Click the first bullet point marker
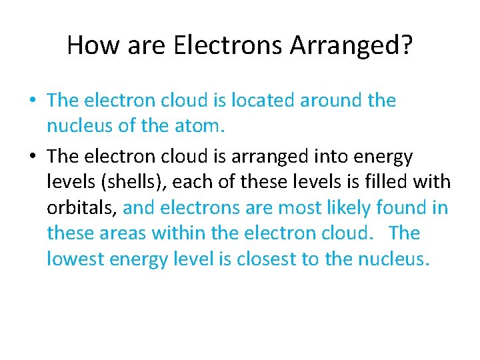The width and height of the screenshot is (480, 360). coord(31,101)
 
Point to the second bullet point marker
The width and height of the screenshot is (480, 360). coord(31,157)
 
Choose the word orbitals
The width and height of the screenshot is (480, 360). coord(82,208)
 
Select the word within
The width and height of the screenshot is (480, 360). coord(176,233)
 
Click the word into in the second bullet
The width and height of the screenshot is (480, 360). coord(329,157)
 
